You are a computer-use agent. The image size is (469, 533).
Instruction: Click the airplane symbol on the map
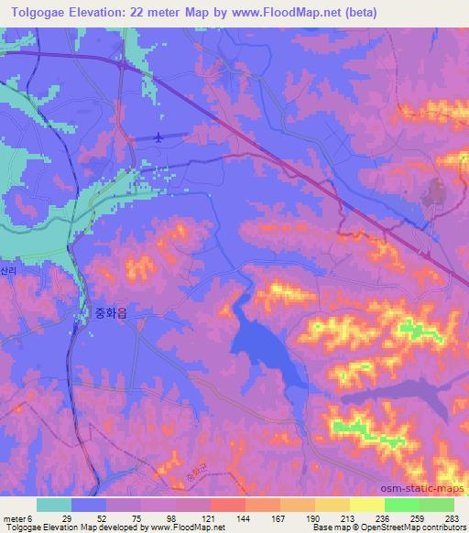tap(160, 138)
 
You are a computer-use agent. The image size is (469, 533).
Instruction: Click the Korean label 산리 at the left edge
tap(8, 274)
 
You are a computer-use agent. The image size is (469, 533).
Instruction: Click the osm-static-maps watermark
tap(430, 486)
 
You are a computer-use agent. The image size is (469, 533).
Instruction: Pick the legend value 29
tap(67, 517)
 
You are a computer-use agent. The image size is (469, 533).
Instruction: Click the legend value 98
tap(172, 517)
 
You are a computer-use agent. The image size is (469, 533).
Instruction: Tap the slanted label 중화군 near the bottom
tap(191, 476)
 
